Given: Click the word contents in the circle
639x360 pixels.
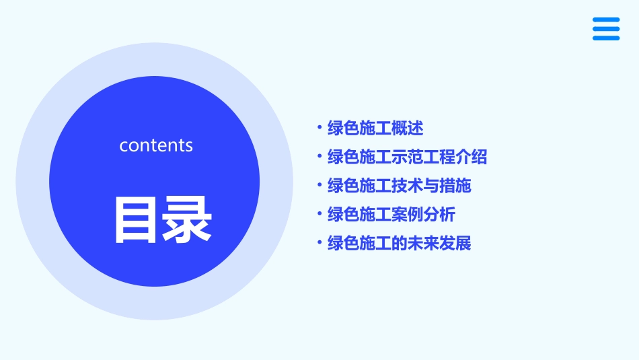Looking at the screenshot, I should (156, 145).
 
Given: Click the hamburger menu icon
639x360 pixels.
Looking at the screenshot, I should (606, 29).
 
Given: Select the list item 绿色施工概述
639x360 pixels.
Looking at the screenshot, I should (375, 128).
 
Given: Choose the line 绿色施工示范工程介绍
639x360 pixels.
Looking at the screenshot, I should (407, 157).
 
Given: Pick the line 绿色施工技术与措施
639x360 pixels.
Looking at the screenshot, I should (399, 186).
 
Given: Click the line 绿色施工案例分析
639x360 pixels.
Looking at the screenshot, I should (391, 215).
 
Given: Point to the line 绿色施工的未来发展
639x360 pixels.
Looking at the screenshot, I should (399, 243).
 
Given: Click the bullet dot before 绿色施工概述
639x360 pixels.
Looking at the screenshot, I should (319, 127).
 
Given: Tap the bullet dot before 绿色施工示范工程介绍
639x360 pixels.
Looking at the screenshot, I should (319, 156).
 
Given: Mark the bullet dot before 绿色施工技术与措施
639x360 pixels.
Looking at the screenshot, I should (319, 185).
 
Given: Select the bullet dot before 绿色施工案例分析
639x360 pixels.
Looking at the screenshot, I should (319, 214).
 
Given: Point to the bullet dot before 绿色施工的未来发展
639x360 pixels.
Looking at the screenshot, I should (319, 242).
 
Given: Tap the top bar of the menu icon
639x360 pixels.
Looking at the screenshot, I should (606, 20).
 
